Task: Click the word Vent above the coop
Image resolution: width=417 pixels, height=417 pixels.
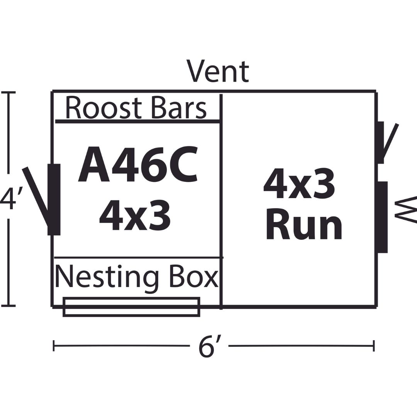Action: [218, 71]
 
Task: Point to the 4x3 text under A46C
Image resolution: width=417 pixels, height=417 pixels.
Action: [135, 215]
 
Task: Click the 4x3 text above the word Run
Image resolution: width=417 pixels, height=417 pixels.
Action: [299, 184]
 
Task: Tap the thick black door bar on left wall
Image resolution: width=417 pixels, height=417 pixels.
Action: [54, 200]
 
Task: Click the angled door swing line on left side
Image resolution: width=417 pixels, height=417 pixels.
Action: [36, 197]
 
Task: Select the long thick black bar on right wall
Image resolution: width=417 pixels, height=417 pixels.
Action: [383, 217]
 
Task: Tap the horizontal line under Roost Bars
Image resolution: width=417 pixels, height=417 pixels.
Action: [137, 121]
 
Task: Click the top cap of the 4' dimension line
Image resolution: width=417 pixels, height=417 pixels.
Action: [9, 92]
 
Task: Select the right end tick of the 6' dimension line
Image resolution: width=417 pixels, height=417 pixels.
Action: [374, 346]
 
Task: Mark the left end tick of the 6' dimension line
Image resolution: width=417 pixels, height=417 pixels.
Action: [54, 346]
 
